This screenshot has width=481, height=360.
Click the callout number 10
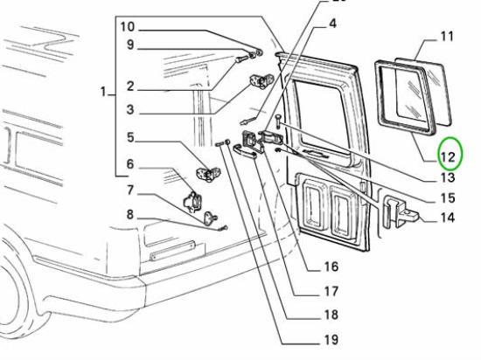[x=128, y=27]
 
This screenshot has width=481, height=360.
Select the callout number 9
[x=130, y=45]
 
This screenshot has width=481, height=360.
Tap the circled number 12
[x=448, y=157]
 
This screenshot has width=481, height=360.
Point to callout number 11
[x=447, y=36]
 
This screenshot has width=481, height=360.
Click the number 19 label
[x=331, y=340]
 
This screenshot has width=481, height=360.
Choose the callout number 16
[x=331, y=267]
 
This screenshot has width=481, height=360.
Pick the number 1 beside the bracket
[x=103, y=91]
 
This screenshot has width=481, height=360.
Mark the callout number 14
[x=448, y=218]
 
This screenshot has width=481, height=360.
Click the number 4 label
[x=333, y=24]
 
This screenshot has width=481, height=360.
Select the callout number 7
[x=130, y=190]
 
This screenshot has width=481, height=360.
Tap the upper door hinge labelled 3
[x=261, y=81]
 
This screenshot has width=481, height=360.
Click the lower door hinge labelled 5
[x=208, y=173]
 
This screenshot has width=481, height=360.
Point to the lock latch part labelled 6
[x=192, y=201]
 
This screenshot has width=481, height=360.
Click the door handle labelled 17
[x=245, y=152]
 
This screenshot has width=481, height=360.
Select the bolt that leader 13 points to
[x=277, y=121]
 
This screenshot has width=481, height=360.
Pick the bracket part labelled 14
[x=399, y=211]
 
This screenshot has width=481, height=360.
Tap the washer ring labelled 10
[x=259, y=52]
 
